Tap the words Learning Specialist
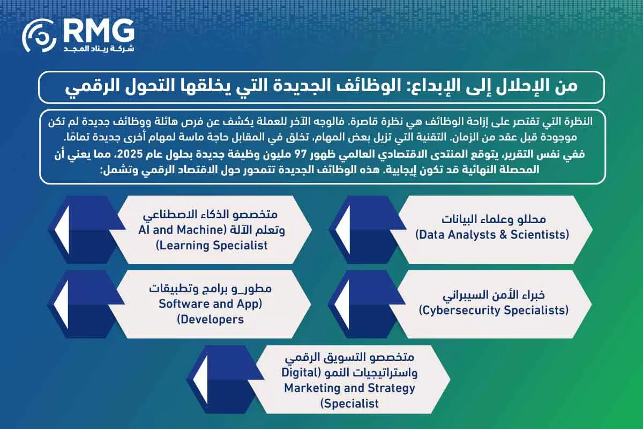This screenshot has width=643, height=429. tap(212, 246)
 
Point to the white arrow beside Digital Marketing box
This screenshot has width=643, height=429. tap(204, 381)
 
